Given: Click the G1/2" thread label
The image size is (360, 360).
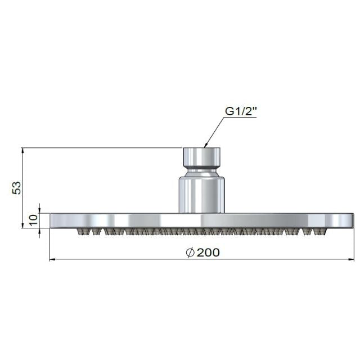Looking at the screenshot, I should (241, 111).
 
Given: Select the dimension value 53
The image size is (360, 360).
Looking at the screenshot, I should (17, 187).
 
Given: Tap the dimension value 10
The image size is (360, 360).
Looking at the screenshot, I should (33, 220).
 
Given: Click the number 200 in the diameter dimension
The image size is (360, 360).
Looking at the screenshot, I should (209, 253).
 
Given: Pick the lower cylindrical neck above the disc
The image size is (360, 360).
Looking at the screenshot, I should (202, 194).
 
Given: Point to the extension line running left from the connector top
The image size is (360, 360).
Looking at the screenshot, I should (101, 148).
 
